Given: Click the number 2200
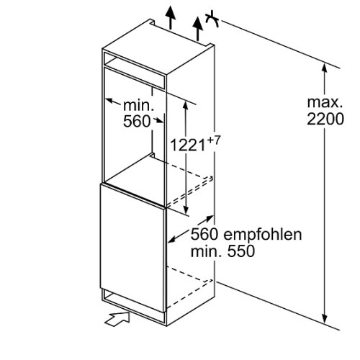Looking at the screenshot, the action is (x=325, y=119).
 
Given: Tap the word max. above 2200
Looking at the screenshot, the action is (x=325, y=102).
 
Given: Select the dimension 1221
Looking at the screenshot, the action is (x=188, y=145).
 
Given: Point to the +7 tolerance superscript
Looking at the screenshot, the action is (x=213, y=140).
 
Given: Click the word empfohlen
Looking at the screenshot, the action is (x=263, y=235).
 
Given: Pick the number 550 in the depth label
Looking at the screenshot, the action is (x=241, y=251).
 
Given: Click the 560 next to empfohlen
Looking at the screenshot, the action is (x=204, y=235).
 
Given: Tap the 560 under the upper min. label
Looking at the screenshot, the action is (x=137, y=121).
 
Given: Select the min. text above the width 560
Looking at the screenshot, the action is (x=138, y=106).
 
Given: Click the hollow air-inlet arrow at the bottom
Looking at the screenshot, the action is (x=117, y=319).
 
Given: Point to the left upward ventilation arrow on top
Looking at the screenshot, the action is (x=171, y=17).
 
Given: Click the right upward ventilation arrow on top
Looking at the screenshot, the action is (x=198, y=29).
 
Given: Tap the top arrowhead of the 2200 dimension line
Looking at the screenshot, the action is (x=325, y=68).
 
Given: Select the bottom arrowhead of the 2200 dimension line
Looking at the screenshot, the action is (x=325, y=318).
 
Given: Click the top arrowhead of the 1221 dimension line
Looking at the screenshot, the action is (x=186, y=105).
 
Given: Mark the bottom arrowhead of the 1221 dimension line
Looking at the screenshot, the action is (x=186, y=210).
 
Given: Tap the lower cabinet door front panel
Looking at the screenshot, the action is (x=132, y=248).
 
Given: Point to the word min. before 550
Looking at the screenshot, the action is (x=206, y=251).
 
